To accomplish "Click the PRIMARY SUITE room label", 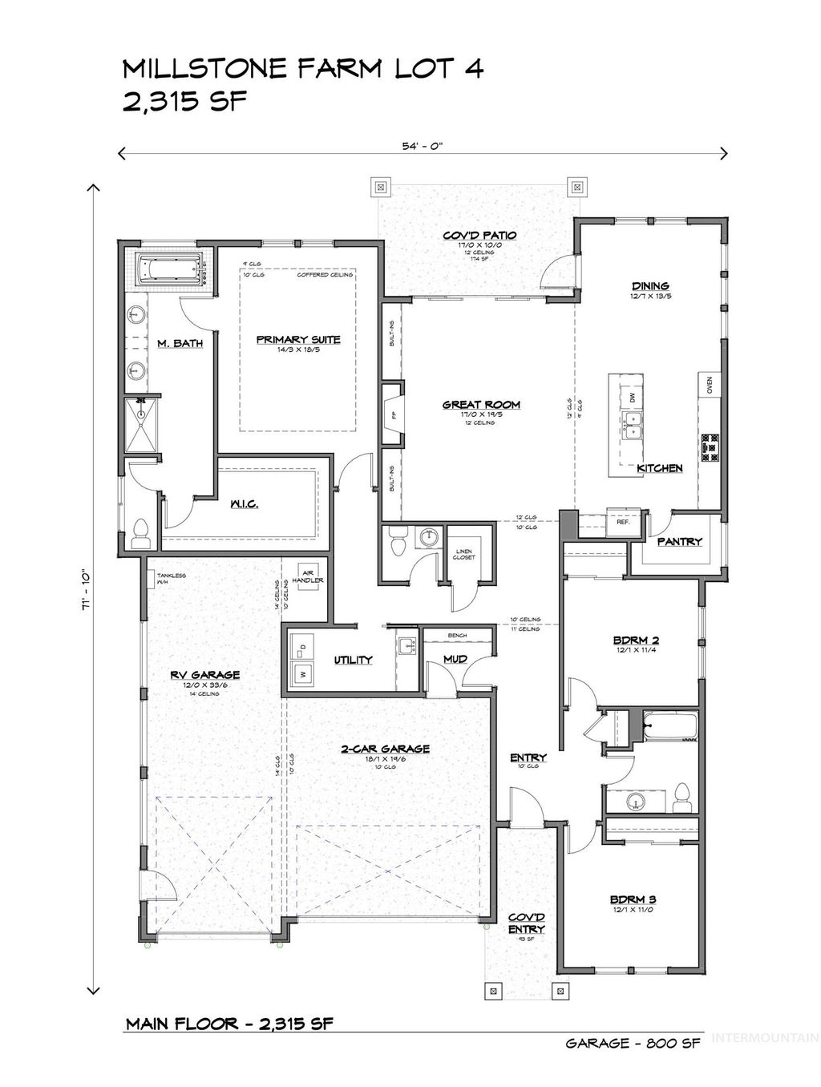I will tap(298, 339).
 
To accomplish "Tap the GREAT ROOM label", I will tap(481, 405).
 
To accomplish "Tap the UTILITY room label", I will tap(354, 660).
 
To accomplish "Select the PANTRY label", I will tap(679, 542).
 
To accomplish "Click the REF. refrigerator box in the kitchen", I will tap(622, 520).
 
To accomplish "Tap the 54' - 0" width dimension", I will tap(423, 146).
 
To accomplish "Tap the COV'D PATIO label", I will tap(479, 235).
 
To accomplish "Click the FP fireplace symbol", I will tap(393, 415).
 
